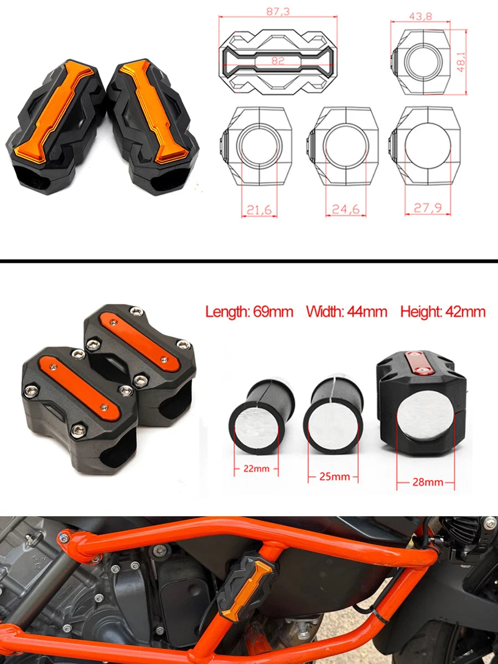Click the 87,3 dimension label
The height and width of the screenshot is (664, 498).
pyautogui.click(x=278, y=12)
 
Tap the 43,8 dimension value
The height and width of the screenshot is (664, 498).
pyautogui.click(x=421, y=17)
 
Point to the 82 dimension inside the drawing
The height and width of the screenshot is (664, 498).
pyautogui.click(x=278, y=61)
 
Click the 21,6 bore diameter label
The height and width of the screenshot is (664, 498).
pyautogui.click(x=260, y=210)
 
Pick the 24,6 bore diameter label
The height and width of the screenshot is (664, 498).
pyautogui.click(x=346, y=209)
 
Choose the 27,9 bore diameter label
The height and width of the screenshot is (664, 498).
pyautogui.click(x=428, y=208)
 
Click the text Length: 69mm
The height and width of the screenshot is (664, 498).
pyautogui.click(x=250, y=312)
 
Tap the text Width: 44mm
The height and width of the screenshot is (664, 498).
pyautogui.click(x=346, y=312)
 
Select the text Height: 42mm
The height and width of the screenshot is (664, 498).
pyautogui.click(x=443, y=312)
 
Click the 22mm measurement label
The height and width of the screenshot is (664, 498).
pyautogui.click(x=256, y=469)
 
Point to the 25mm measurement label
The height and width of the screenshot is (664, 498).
pyautogui.click(x=334, y=477)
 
